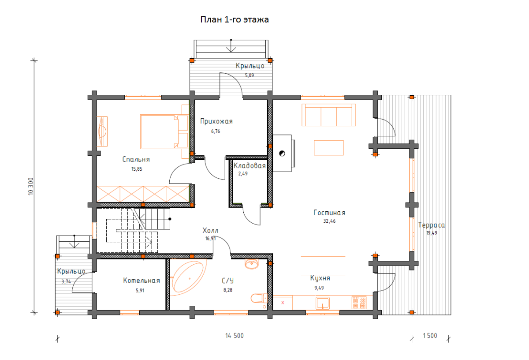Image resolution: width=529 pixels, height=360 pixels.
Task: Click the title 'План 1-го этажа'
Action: coord(235,19)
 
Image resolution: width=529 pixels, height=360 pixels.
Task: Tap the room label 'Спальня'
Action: coord(136,160)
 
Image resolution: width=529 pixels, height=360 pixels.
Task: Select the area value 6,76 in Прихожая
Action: coord(216,131)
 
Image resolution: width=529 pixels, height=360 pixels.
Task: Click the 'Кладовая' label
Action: coord(250,166)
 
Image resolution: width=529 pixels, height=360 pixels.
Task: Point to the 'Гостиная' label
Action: coord(329,213)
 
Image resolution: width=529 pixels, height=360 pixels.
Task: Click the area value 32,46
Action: coord(329,221)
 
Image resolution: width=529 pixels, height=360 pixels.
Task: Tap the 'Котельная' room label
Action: coord(142,281)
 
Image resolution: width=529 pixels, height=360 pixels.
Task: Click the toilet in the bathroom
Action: coord(259,298)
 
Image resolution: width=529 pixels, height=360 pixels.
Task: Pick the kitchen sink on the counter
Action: coord(323,303)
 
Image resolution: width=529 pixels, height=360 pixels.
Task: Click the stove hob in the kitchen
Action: coord(359,303)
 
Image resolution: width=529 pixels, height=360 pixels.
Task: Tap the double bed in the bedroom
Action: coord(164,131)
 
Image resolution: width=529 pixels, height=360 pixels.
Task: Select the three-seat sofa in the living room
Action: coord(329,115)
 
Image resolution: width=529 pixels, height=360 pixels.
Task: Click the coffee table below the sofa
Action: coord(329,148)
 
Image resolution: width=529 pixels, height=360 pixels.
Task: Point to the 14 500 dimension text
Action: coord(235,336)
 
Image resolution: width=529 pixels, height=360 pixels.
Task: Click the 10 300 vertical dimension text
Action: coord(31,187)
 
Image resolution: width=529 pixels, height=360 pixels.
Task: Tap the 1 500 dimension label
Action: coord(430,336)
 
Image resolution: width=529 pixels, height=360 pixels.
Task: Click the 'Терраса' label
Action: coord(432,225)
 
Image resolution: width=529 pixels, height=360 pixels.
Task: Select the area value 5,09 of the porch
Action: coord(250,75)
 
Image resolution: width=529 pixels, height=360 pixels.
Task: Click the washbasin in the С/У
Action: coord(252,264)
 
